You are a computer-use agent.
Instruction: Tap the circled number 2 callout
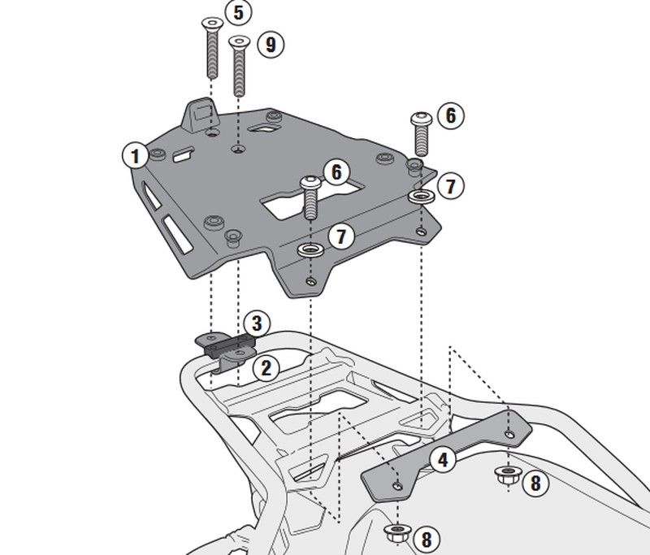pos(265,368)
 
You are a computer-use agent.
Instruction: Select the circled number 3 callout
pos(255,323)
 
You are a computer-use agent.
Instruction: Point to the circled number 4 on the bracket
pos(442,460)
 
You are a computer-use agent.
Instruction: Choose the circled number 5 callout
pos(238,13)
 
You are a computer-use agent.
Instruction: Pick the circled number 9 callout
pos(271,44)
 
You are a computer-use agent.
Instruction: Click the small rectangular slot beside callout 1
pos(184,151)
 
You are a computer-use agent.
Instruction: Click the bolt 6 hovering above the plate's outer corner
pos(422,132)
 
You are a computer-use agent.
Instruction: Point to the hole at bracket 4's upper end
pos(509,434)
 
